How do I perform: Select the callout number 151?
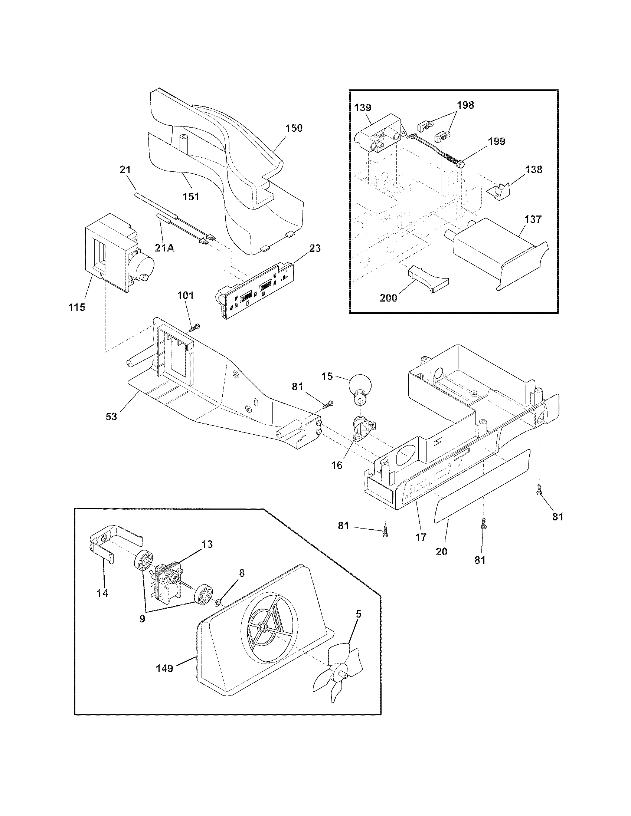(191, 196)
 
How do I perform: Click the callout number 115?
(76, 307)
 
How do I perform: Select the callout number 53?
(111, 416)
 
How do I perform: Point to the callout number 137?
(533, 219)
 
